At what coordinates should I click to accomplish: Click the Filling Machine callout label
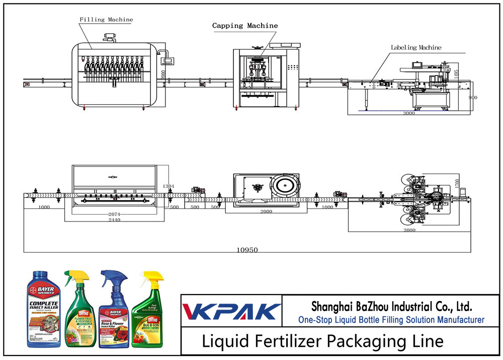click(106, 20)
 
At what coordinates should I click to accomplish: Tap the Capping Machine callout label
click(244, 26)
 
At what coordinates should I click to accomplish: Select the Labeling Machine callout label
click(416, 48)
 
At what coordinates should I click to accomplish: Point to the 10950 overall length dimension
click(247, 250)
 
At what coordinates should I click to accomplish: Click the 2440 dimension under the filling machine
click(114, 220)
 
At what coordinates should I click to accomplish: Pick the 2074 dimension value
click(114, 214)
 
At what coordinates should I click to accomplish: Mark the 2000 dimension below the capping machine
click(266, 211)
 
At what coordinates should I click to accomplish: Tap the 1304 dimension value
click(169, 187)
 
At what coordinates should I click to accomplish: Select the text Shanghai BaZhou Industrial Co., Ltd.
click(391, 306)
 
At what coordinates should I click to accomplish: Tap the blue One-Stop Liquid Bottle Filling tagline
click(391, 320)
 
